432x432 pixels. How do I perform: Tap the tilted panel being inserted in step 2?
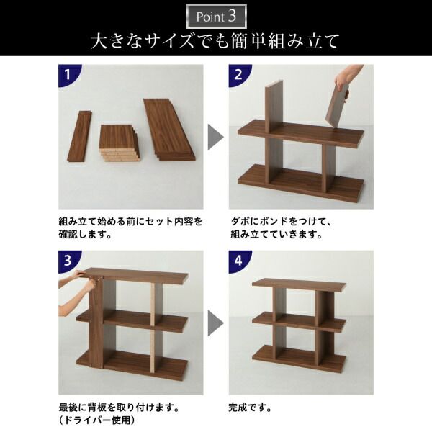click(x=337, y=104)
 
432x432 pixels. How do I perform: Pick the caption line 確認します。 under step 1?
click(x=86, y=235)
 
